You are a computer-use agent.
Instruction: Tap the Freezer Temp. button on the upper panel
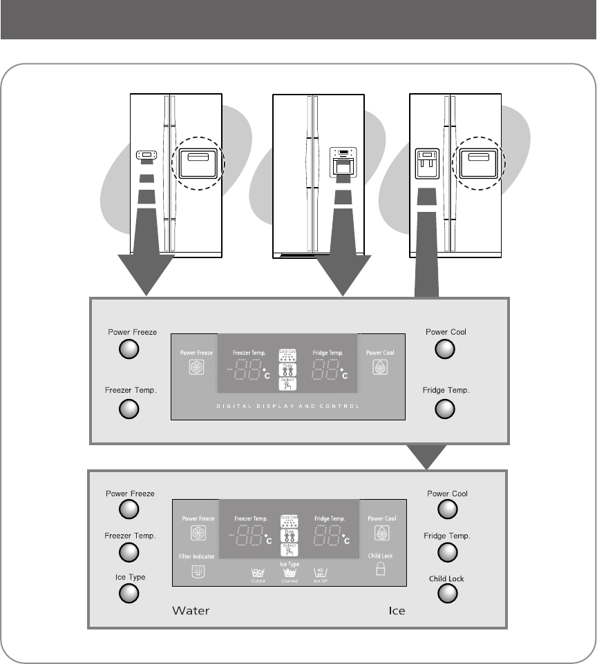[x=129, y=409]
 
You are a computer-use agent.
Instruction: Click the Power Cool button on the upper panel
[x=445, y=351]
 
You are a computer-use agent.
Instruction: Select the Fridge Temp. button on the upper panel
[x=445, y=409]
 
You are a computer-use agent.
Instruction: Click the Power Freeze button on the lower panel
[x=129, y=509]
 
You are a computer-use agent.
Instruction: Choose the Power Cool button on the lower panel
[x=447, y=509]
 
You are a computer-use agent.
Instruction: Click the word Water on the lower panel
[x=190, y=611]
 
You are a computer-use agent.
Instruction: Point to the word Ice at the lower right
[x=396, y=611]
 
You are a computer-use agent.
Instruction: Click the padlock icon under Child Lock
[x=379, y=569]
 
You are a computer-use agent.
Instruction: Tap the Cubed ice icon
[x=258, y=572]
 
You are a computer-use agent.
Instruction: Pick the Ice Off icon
[x=319, y=572]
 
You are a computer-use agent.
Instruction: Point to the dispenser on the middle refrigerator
[x=343, y=163]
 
